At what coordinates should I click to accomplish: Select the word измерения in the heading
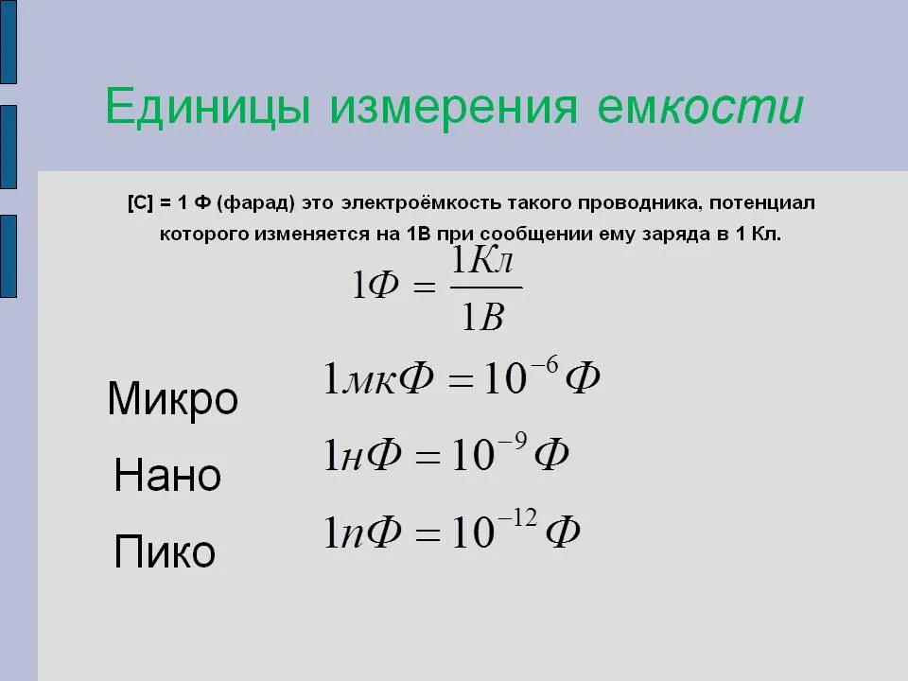pyautogui.click(x=453, y=108)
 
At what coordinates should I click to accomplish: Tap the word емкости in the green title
pyautogui.click(x=701, y=108)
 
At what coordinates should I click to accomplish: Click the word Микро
pyautogui.click(x=172, y=400)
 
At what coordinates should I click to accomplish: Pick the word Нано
pyautogui.click(x=167, y=475)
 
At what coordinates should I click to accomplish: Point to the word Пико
pyautogui.click(x=165, y=551)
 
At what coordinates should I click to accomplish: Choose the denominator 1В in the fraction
pyautogui.click(x=484, y=316)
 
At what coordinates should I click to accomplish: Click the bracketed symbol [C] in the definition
pyautogui.click(x=140, y=203)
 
